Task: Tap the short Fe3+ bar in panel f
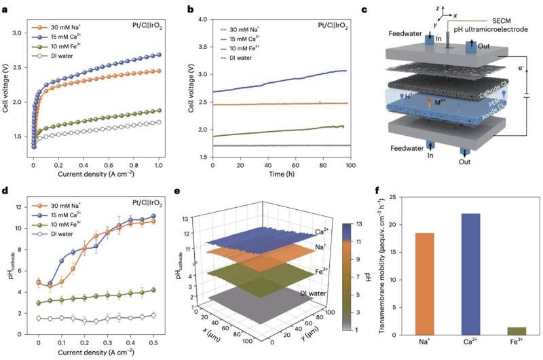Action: [x=517, y=331]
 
